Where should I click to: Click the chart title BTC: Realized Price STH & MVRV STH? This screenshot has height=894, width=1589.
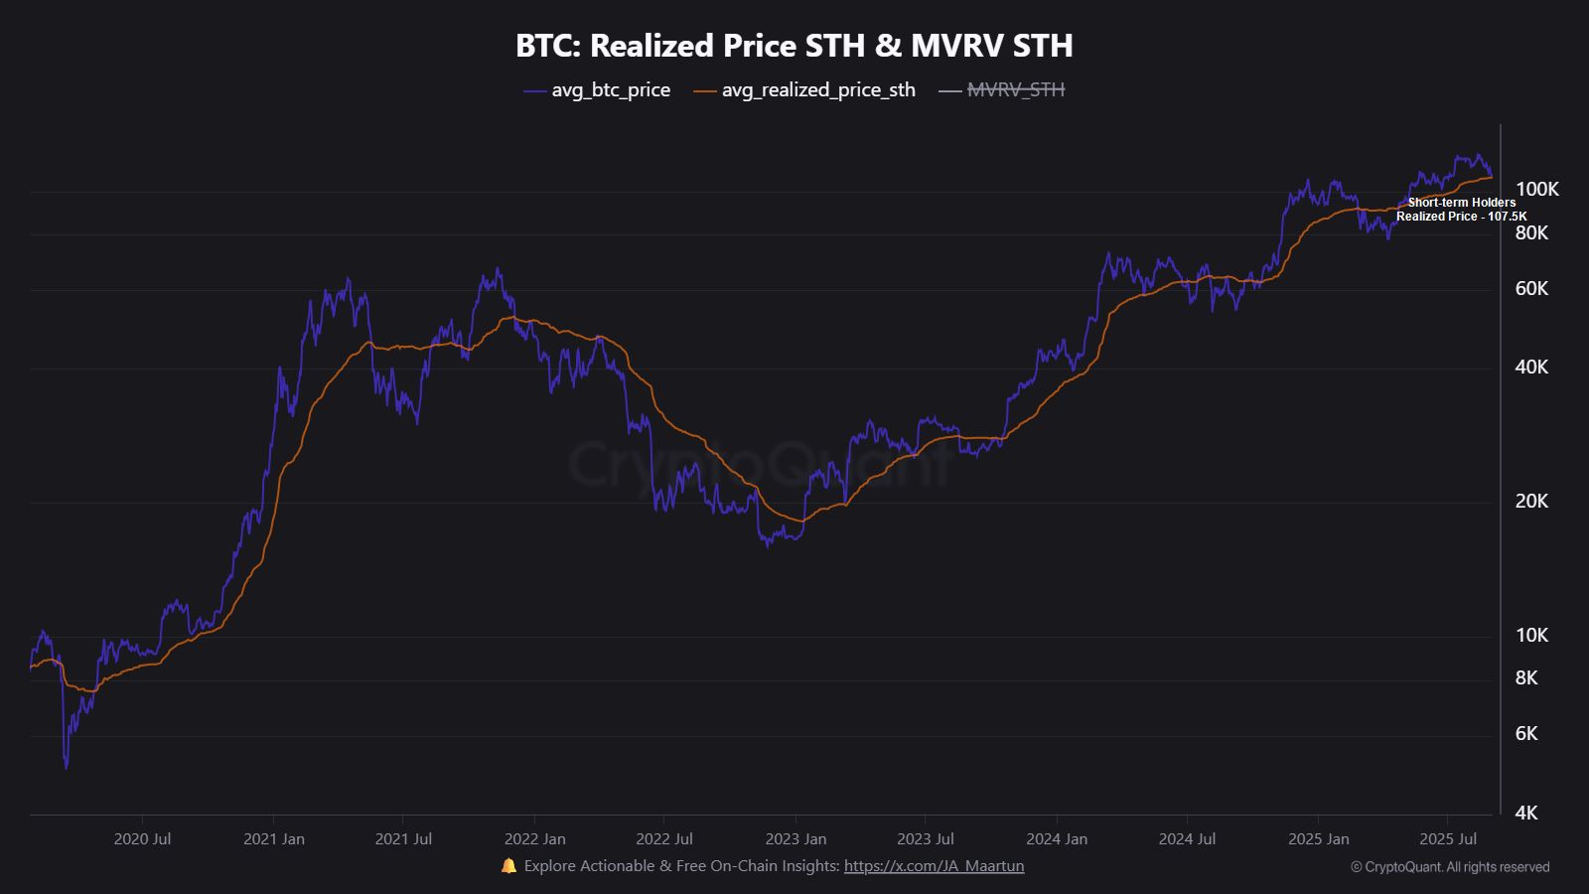794,46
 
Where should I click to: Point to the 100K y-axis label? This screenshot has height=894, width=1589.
1536,189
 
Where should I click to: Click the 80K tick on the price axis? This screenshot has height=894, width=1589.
1531,232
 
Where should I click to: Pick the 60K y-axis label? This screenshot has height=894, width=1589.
1531,288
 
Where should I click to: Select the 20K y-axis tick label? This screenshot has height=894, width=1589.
1531,501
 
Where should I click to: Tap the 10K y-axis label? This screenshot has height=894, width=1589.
1531,635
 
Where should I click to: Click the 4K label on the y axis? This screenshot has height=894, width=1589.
1526,813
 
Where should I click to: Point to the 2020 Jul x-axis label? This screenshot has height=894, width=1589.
142,838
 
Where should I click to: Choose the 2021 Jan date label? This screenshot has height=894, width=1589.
274,838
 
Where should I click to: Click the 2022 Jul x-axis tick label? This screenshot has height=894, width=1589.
664,838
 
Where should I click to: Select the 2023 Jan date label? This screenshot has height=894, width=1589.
795,838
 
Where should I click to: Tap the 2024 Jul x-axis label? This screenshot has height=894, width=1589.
1187,838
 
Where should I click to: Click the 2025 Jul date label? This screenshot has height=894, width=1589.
1448,838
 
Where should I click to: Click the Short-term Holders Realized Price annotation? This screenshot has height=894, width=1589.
1461,210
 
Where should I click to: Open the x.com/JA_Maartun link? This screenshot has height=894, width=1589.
934,866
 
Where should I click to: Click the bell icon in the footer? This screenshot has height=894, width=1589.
508,866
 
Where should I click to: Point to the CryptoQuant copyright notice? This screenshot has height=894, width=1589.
1450,867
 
